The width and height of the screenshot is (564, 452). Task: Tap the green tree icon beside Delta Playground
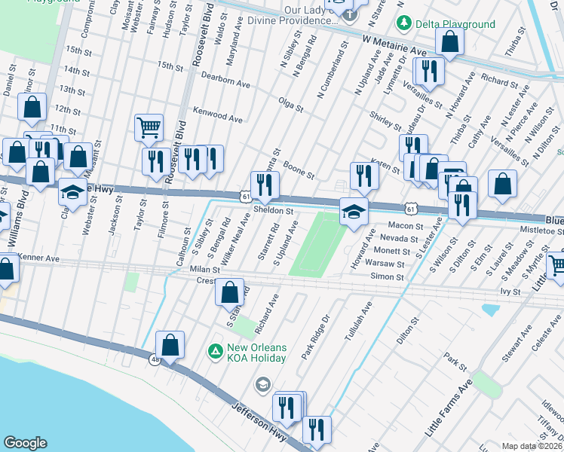(x=403, y=24)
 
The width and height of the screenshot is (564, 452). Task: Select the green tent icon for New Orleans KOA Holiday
(x=215, y=351)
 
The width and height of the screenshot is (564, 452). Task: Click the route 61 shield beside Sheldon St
(x=246, y=197)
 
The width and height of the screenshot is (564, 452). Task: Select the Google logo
(x=25, y=443)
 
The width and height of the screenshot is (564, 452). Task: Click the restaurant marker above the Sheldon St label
(x=265, y=185)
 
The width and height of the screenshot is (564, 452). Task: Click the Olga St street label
(x=290, y=104)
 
